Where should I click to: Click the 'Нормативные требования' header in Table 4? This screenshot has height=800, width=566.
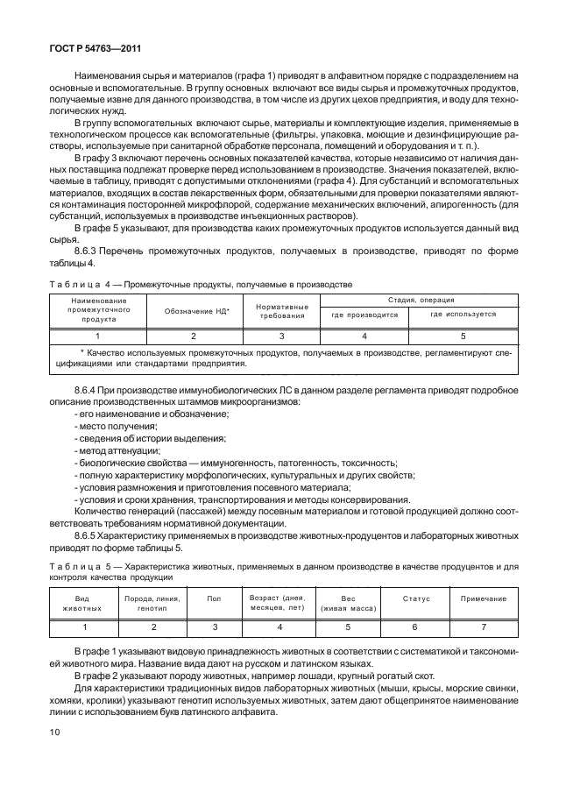pos(282,312)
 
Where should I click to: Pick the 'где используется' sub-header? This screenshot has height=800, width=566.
pos(463,314)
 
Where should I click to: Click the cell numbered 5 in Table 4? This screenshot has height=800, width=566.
pos(463,336)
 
